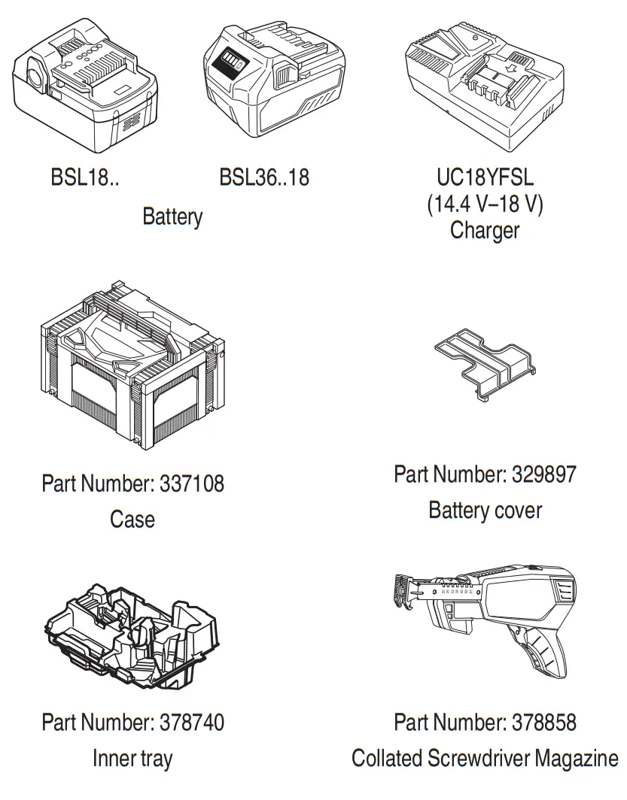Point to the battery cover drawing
click(x=485, y=362)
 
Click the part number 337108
click(x=192, y=483)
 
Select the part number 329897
click(x=544, y=474)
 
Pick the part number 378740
click(x=192, y=723)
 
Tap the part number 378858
click(x=544, y=723)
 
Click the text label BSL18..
click(x=84, y=177)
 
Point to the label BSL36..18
click(x=264, y=177)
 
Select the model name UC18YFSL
click(x=485, y=177)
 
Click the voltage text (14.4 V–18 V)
click(x=485, y=204)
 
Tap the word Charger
click(x=485, y=229)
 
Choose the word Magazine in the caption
click(x=576, y=758)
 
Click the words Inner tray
click(x=132, y=758)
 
